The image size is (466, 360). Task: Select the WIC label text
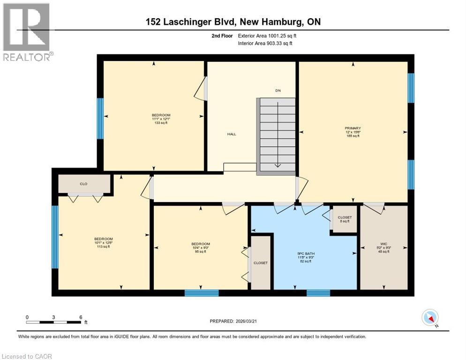[x=383, y=243]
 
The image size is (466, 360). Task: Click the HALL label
[x=232, y=134]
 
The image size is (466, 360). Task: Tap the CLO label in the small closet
[x=83, y=184]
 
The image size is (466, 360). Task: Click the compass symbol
[x=430, y=318]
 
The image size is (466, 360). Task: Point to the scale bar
[x=54, y=322]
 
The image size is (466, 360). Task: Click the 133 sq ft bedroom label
[x=161, y=119]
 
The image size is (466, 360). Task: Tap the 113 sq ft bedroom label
[x=104, y=242]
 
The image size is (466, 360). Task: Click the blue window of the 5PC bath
[x=318, y=293]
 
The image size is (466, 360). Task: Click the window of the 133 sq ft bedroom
[x=100, y=118]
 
